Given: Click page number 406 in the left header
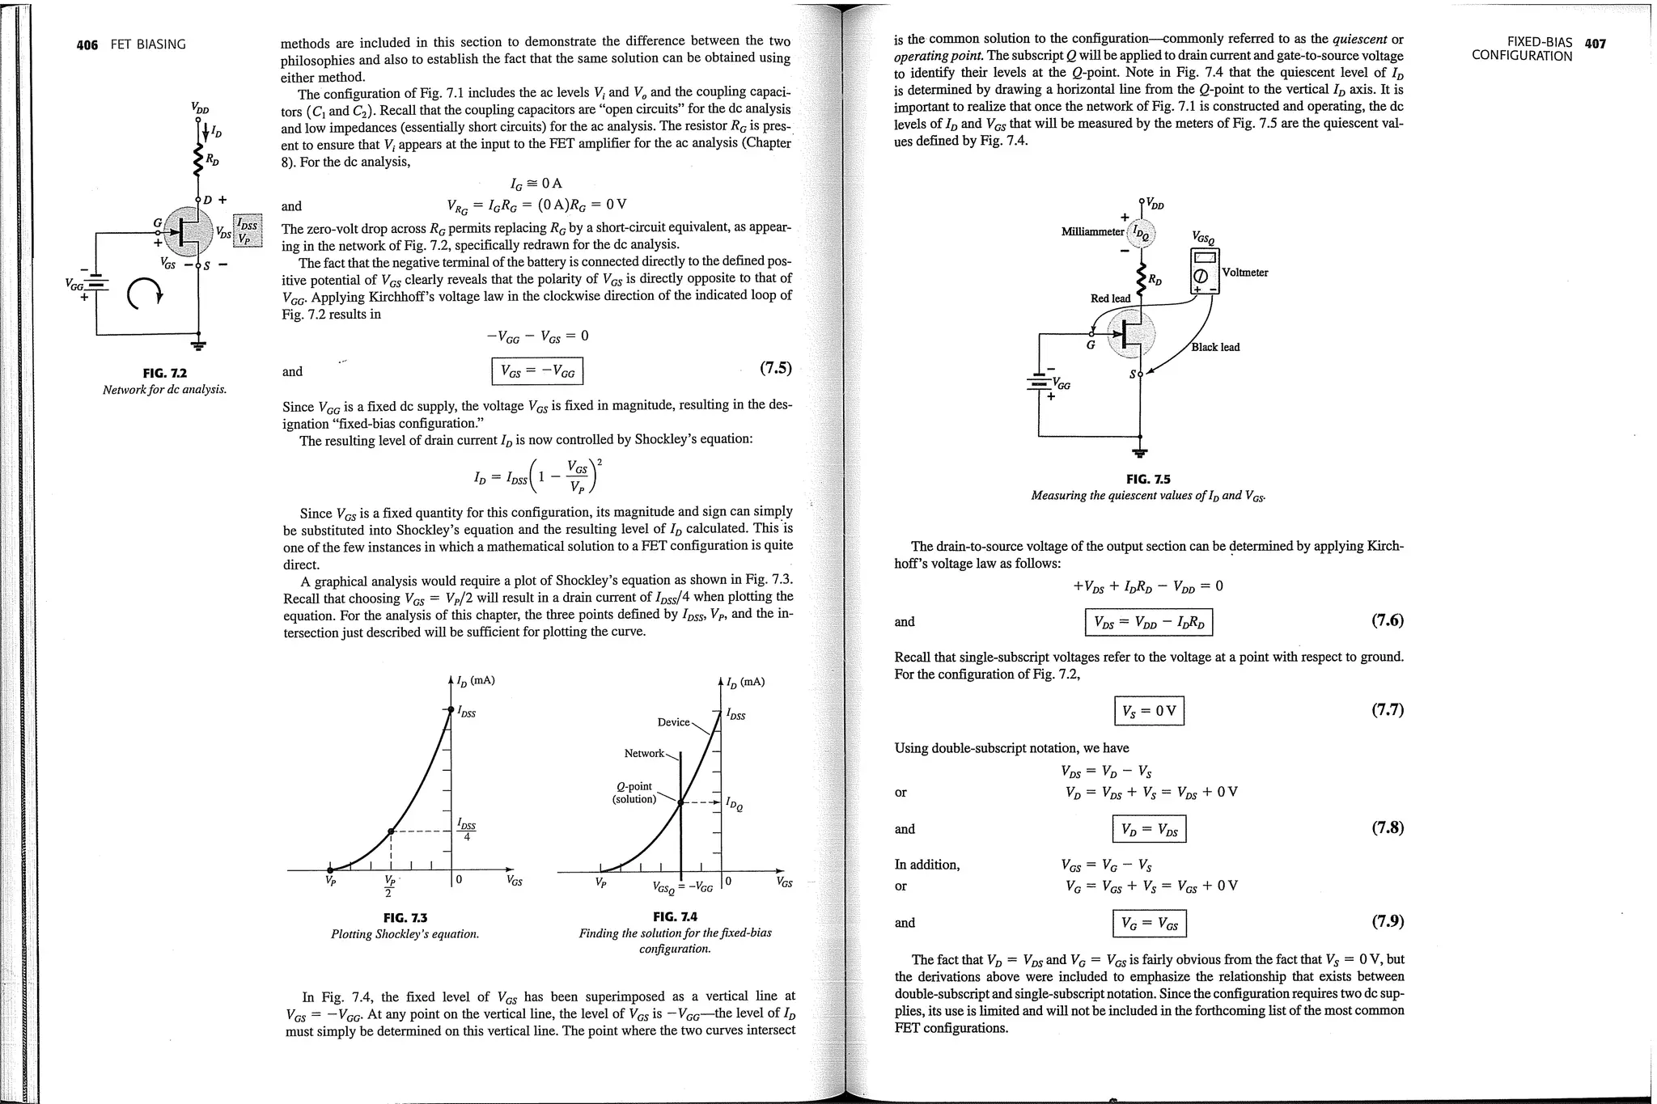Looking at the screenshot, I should pyautogui.click(x=87, y=44).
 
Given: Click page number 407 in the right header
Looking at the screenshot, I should pyautogui.click(x=1595, y=44).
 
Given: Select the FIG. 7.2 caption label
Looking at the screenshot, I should pyautogui.click(x=164, y=373).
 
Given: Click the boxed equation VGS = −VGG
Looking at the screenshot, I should pyautogui.click(x=537, y=371).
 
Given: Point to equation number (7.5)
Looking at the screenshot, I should pyautogui.click(x=775, y=369).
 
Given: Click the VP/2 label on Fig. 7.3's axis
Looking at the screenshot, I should pyautogui.click(x=389, y=886).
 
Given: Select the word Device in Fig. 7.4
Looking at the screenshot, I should pyautogui.click(x=673, y=722).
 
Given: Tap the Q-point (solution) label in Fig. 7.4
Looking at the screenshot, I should pyautogui.click(x=634, y=793).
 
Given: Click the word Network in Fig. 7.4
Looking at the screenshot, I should pyautogui.click(x=643, y=753).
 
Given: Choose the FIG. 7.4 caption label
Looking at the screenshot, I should pyautogui.click(x=675, y=916).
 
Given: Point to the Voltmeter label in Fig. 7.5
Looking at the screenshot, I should pyautogui.click(x=1245, y=273).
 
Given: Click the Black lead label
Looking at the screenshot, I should pyautogui.click(x=1215, y=347).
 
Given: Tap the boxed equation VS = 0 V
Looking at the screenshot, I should pyautogui.click(x=1149, y=711).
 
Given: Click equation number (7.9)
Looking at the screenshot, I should pyautogui.click(x=1387, y=921).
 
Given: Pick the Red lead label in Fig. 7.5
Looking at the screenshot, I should pyautogui.click(x=1110, y=298).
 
